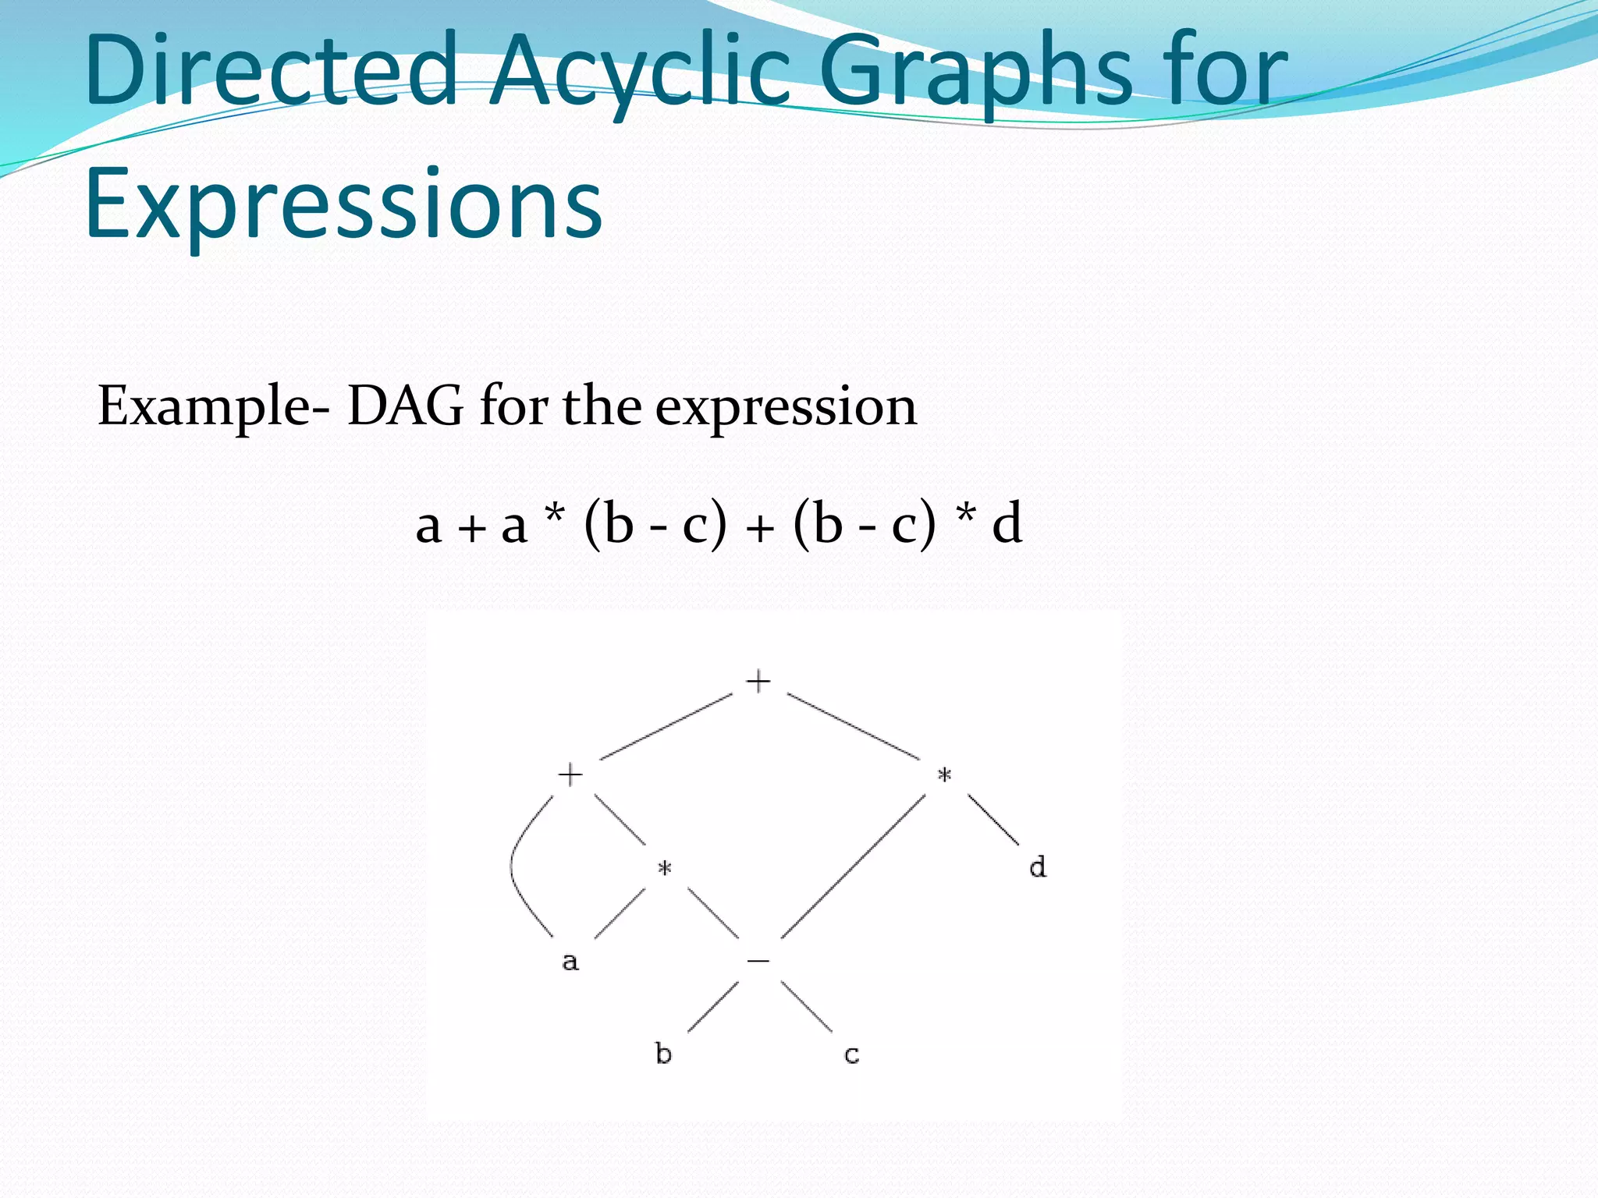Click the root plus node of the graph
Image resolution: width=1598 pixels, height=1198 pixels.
(758, 681)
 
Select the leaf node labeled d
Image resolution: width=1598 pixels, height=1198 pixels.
(1037, 867)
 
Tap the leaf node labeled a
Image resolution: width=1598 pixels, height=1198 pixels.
(570, 961)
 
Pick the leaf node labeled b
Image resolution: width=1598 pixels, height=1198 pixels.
(663, 1054)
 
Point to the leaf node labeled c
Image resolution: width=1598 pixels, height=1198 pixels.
(851, 1055)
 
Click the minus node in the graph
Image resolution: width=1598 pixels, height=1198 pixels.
(758, 961)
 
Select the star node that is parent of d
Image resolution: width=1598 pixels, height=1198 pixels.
(944, 775)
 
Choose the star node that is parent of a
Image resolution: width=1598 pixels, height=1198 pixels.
(664, 868)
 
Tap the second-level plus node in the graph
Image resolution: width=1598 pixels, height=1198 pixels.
(570, 774)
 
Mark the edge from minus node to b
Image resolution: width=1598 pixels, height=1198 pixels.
(712, 1007)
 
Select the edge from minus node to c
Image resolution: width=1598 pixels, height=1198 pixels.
(806, 1007)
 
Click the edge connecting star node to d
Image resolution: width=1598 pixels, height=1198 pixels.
(993, 819)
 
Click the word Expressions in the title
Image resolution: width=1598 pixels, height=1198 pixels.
(343, 204)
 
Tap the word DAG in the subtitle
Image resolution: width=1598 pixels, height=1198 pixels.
(405, 406)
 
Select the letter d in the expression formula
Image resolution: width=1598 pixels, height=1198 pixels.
(1007, 523)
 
